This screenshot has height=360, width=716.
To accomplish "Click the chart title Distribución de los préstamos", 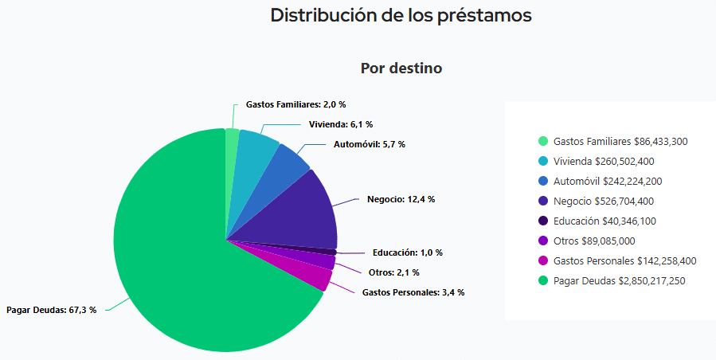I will click(401, 15).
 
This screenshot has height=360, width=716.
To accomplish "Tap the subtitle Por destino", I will click(401, 68).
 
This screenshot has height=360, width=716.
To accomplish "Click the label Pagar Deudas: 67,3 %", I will click(51, 310).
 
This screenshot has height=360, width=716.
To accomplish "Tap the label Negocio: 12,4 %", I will click(401, 198).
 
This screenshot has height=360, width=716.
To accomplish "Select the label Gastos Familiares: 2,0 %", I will click(295, 104).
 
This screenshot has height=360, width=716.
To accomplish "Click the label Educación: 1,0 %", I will click(407, 252).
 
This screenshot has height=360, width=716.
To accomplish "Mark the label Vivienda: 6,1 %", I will click(341, 124).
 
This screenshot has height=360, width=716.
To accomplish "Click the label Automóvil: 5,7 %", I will click(369, 144).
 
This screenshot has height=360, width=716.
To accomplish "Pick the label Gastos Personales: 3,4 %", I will click(413, 292).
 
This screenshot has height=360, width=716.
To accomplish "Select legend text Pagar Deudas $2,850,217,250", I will click(619, 280).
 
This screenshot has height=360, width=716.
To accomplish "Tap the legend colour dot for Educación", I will click(543, 221).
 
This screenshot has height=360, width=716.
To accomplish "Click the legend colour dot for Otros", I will click(543, 241).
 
